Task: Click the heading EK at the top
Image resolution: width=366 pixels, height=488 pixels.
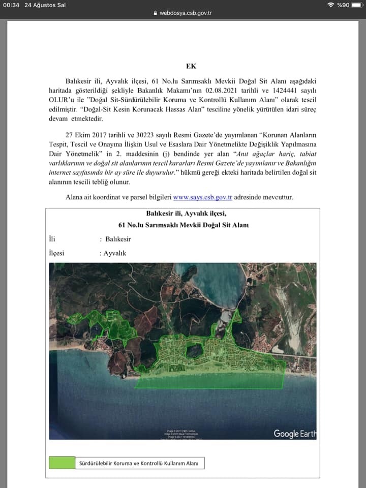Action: [191, 66]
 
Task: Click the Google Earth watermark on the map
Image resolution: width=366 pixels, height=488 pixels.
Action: [294, 434]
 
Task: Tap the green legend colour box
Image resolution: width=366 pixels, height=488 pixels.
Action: [62, 463]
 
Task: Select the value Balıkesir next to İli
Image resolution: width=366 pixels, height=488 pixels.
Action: [118, 239]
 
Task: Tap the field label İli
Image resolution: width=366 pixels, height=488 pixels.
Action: [52, 239]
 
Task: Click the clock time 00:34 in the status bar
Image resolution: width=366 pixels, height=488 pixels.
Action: [11, 5]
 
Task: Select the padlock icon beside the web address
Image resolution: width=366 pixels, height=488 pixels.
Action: [156, 13]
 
